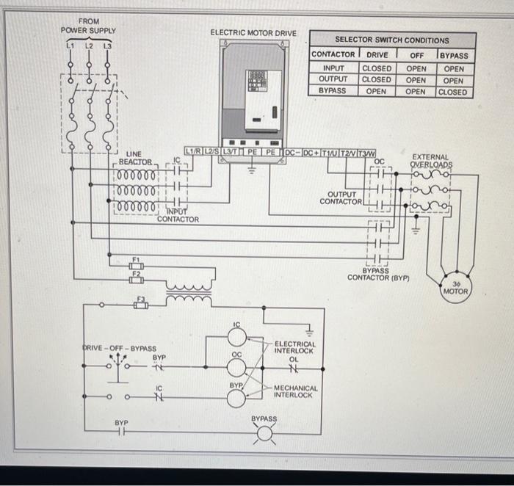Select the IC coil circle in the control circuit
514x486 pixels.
pyautogui.click(x=236, y=336)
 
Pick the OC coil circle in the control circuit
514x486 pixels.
pyautogui.click(x=236, y=366)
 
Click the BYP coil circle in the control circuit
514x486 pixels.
pyautogui.click(x=236, y=397)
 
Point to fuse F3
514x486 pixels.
pyautogui.click(x=141, y=304)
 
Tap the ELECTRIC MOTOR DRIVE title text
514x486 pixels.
pyautogui.click(x=253, y=33)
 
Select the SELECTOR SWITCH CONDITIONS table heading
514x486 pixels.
pyautogui.click(x=392, y=40)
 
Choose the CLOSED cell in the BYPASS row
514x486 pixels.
pyautogui.click(x=452, y=92)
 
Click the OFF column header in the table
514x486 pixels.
pyautogui.click(x=416, y=55)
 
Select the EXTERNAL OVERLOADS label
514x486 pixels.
pyautogui.click(x=431, y=161)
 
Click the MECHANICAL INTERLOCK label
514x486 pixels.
pyautogui.click(x=296, y=391)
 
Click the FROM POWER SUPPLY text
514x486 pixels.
pyautogui.click(x=88, y=26)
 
